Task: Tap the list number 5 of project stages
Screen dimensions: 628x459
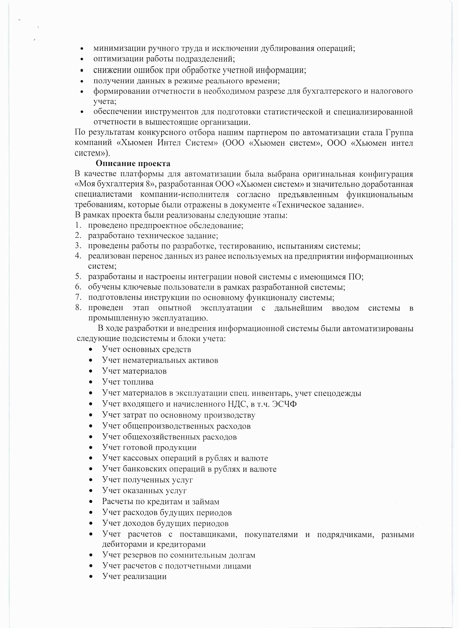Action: [x=78, y=277]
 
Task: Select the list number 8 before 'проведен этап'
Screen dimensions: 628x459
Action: [x=78, y=308]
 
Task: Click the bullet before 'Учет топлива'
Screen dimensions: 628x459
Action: [x=91, y=382]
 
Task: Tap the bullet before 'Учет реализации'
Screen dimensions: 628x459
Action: [x=91, y=577]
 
